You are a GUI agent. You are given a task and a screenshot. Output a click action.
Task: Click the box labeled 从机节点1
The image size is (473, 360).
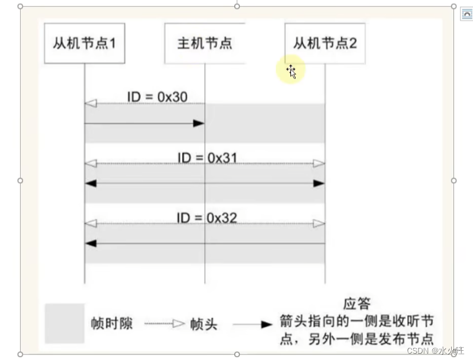tap(84, 43)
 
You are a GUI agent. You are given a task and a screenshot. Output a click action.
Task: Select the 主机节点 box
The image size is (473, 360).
tap(205, 43)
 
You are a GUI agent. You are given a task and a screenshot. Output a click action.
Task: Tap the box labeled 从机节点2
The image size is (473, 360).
tap(325, 43)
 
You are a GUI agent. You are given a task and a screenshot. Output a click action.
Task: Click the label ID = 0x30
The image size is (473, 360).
tap(157, 96)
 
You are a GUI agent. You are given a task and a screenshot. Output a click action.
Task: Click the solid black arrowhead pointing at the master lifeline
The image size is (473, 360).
tap(199, 123)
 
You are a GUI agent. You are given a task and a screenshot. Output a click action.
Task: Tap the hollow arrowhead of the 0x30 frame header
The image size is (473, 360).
tap(91, 103)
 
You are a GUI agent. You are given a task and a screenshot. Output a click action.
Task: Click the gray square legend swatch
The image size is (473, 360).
tap(64, 323)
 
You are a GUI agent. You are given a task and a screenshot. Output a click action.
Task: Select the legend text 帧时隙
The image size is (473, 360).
tap(111, 324)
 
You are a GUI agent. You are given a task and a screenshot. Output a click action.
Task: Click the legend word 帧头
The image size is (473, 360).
tap(204, 324)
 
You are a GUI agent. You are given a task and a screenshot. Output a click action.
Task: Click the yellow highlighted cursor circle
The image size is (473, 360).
tap(290, 71)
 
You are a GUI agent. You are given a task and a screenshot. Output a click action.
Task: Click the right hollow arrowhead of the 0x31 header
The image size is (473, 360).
tap(319, 164)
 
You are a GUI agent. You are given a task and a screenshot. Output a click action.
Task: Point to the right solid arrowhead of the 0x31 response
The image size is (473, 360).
tap(319, 183)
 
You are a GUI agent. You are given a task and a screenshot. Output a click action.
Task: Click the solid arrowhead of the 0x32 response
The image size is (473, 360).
tap(91, 243)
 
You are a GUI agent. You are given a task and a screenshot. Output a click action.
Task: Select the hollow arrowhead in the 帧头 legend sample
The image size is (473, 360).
tap(179, 324)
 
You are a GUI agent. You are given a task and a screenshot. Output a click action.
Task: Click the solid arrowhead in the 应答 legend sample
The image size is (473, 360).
tap(266, 324)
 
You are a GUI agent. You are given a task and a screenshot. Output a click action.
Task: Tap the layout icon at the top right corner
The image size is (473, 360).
tap(466, 14)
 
